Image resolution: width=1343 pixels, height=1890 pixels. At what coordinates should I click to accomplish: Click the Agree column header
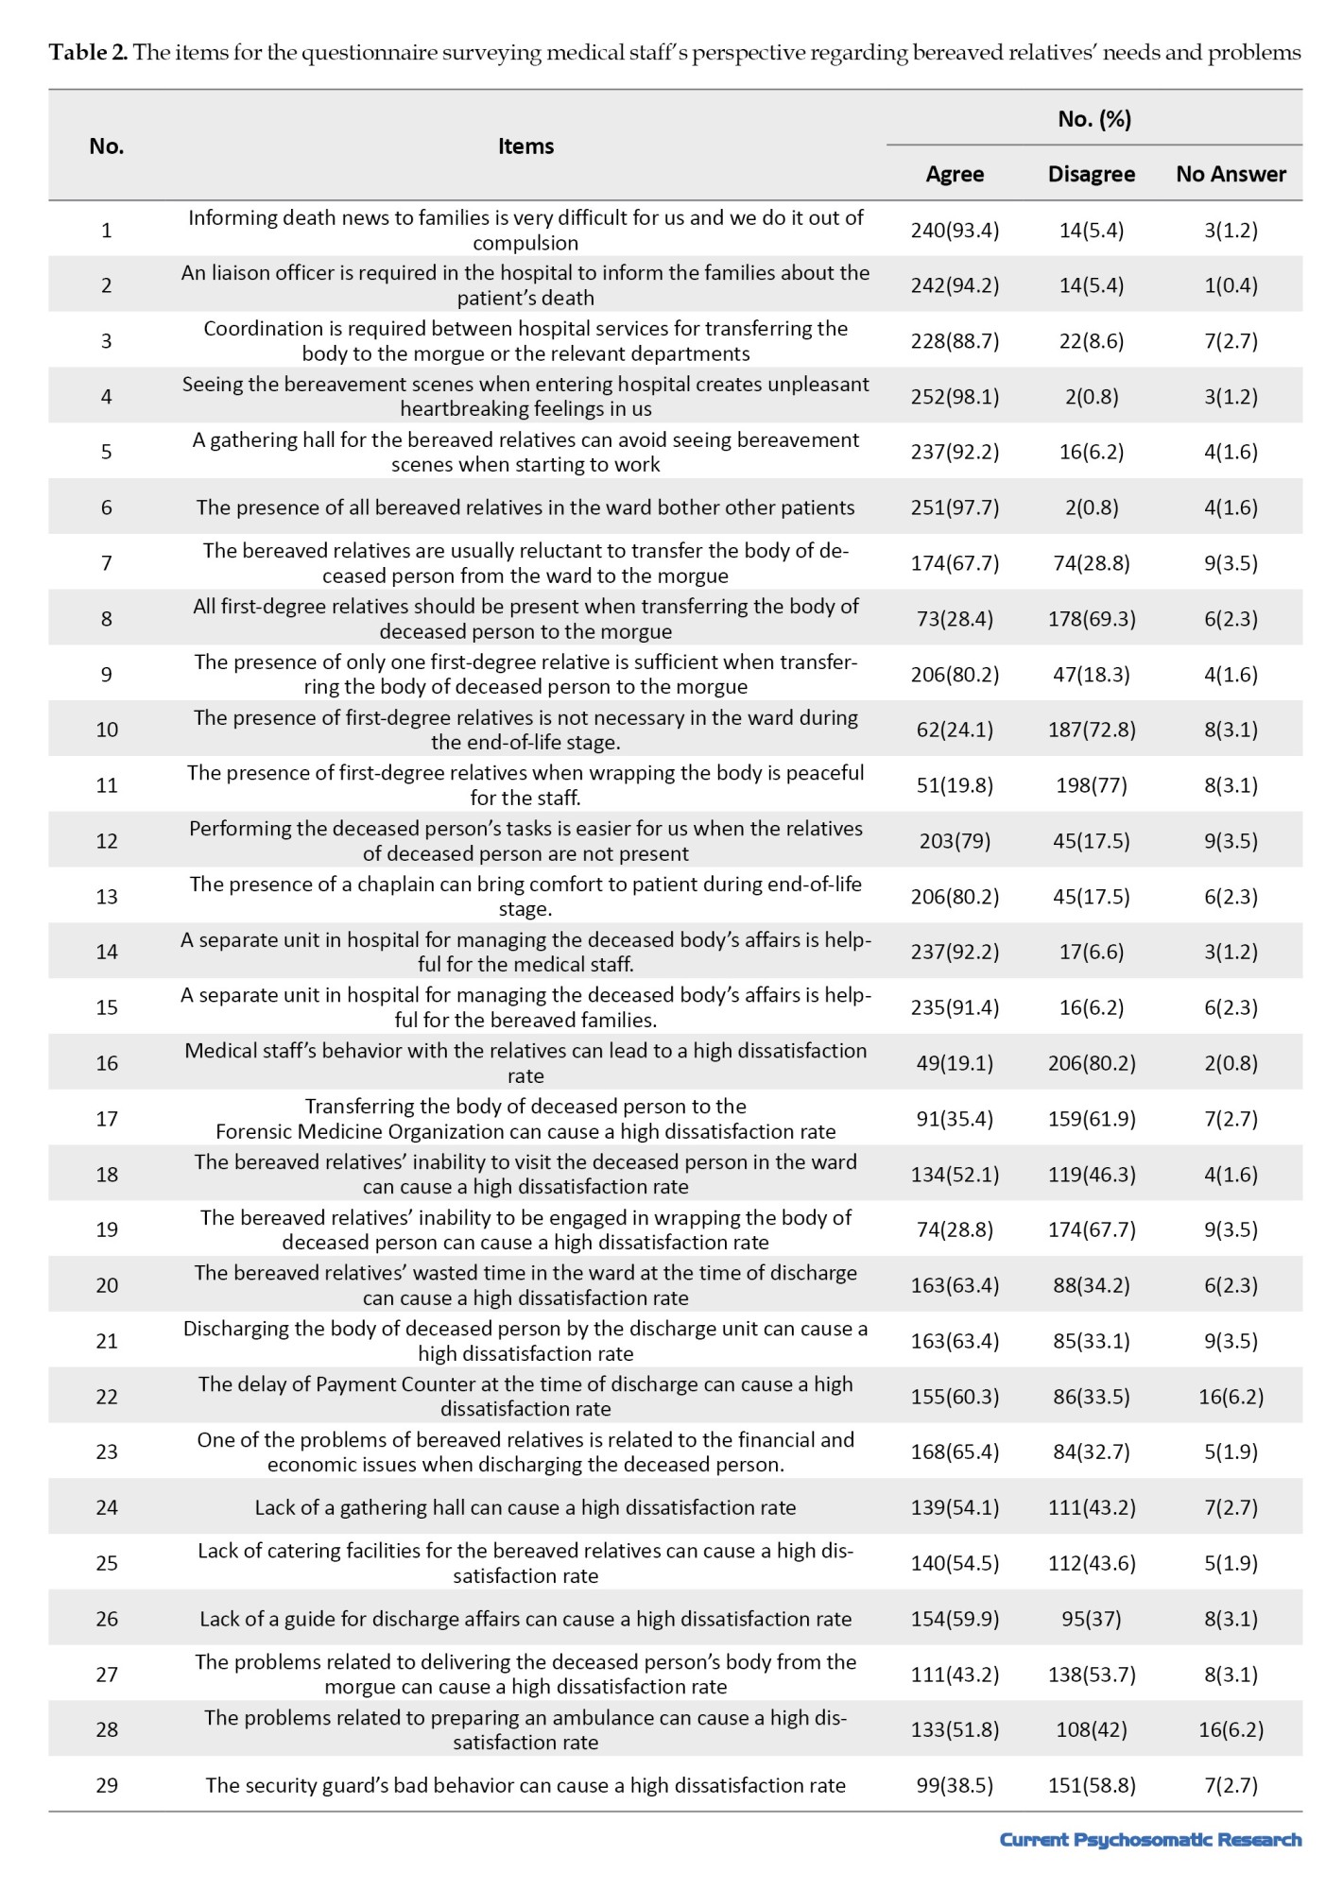955,174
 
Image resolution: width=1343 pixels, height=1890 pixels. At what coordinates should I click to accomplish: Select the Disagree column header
1092,174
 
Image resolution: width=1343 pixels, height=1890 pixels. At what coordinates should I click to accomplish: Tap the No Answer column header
1231,174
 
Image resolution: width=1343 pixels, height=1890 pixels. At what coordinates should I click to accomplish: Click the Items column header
525,146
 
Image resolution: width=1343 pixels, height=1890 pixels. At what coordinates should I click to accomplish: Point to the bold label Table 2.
88,53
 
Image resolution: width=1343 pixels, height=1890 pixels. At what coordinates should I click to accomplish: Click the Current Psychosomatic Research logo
1150,1839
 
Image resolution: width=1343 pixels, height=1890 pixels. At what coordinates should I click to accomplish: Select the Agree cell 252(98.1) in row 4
955,396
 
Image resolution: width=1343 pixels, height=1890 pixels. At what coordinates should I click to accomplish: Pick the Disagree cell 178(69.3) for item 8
1092,619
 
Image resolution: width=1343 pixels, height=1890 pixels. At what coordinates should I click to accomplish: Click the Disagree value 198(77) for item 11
1092,785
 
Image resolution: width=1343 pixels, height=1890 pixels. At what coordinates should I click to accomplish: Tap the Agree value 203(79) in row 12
955,841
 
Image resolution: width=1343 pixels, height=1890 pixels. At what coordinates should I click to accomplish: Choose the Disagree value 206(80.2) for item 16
1092,1063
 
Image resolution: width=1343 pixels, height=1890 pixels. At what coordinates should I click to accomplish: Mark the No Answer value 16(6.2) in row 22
1231,1397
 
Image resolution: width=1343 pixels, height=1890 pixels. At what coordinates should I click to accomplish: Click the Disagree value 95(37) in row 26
1092,1619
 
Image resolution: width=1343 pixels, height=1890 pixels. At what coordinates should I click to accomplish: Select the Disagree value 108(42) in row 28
1092,1729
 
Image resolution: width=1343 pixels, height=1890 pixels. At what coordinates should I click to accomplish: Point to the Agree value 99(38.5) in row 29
955,1785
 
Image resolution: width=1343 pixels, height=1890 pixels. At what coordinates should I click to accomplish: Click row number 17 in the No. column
107,1119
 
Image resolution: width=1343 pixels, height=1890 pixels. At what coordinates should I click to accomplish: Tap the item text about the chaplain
525,896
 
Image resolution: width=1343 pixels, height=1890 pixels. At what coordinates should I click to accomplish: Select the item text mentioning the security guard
525,1785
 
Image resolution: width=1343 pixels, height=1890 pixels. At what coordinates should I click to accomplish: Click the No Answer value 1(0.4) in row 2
1231,285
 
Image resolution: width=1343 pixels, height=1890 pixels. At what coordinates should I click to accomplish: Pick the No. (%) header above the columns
1094,119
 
